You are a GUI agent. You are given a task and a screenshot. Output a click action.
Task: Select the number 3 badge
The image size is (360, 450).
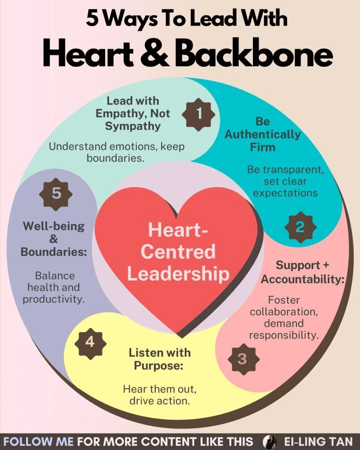click(242, 359)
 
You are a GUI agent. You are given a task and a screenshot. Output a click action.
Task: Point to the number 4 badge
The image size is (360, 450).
click(90, 342)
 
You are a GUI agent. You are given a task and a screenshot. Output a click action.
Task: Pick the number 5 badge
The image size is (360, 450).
click(56, 194)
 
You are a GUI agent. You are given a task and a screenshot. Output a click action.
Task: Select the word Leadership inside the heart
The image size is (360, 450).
click(178, 274)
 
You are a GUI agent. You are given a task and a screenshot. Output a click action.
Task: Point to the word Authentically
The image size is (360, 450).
click(263, 134)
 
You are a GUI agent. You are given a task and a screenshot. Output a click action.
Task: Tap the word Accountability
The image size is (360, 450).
click(302, 279)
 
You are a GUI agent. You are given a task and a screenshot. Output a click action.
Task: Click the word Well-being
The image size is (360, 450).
click(54, 225)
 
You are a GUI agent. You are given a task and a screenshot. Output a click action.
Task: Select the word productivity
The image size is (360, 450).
click(54, 299)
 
